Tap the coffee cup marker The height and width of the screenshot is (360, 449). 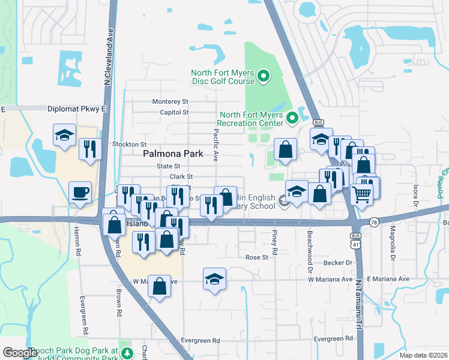pyautogui.click(x=80, y=193)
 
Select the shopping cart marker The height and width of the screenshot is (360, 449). pyautogui.click(x=362, y=193)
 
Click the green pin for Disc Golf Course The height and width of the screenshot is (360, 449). pyautogui.click(x=263, y=77)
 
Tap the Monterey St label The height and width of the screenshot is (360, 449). pyautogui.click(x=170, y=101)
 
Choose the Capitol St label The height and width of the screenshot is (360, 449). pyautogui.click(x=175, y=112)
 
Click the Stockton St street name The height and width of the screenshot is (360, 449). pyautogui.click(x=130, y=145)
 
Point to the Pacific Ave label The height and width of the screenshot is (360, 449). pyautogui.click(x=215, y=146)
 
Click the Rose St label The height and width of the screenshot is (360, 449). pyautogui.click(x=256, y=257)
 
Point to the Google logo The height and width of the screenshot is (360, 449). pyautogui.click(x=20, y=353)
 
